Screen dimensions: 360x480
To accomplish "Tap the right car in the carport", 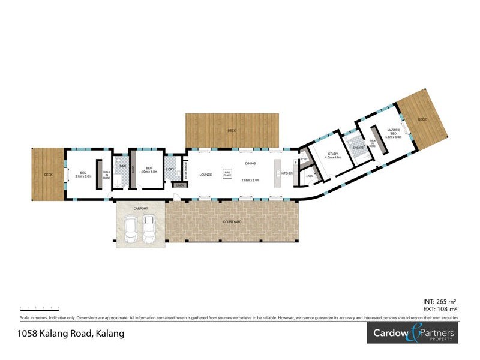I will (x=149, y=229).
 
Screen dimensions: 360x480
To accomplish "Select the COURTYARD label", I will (x=232, y=222).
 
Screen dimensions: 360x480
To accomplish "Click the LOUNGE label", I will (x=206, y=175).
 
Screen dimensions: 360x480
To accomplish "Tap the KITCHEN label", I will (x=288, y=173).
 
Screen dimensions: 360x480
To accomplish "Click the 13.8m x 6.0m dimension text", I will (x=250, y=180).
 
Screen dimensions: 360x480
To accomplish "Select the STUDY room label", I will (x=332, y=155).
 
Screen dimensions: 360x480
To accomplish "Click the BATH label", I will (x=124, y=166).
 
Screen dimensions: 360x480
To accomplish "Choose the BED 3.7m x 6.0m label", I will (x=83, y=175).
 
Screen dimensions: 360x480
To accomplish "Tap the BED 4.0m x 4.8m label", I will (x=149, y=170).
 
